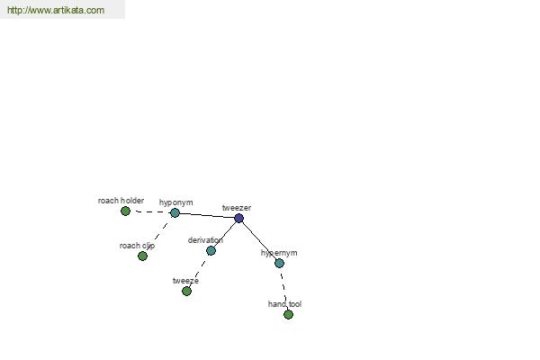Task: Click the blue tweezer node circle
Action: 238,218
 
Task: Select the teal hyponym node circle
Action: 175,213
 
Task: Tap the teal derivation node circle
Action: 211,250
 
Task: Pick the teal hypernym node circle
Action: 279,263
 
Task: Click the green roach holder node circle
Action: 125,211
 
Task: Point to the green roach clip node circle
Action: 142,256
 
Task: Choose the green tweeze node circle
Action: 186,291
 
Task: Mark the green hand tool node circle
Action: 288,314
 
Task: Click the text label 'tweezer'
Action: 237,208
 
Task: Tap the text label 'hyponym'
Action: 176,202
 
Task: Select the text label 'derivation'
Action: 205,240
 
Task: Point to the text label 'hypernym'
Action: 279,253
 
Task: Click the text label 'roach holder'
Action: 121,201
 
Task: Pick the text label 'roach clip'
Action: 137,246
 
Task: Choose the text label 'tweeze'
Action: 185,281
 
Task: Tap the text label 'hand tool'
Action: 284,304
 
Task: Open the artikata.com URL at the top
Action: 56,10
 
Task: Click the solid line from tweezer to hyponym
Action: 207,215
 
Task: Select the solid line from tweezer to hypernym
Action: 259,240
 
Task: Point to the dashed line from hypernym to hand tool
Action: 284,289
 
